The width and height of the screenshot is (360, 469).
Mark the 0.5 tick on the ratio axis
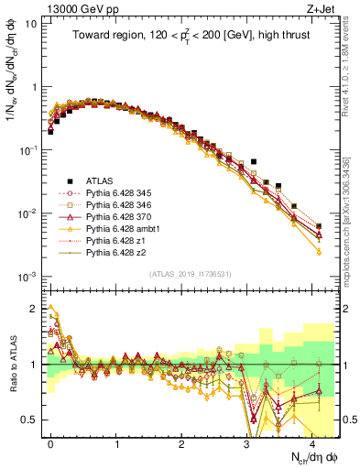(x=31, y=420)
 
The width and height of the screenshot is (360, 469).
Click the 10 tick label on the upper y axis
(x=30, y=24)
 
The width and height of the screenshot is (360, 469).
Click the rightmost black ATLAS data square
(x=318, y=225)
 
